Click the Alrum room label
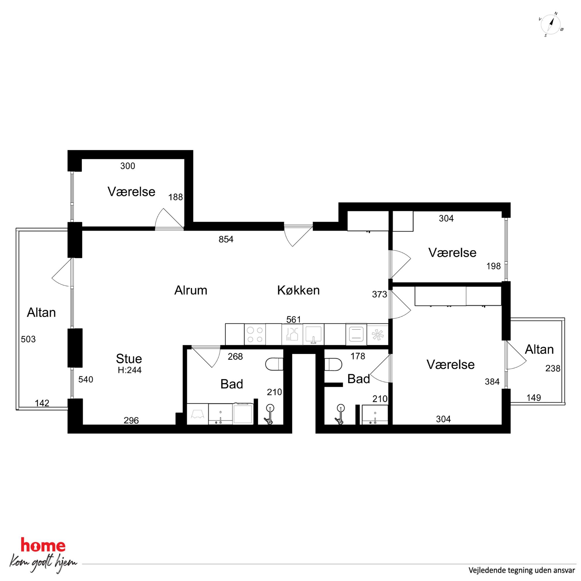[x=191, y=290]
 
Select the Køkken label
[x=298, y=290]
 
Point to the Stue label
[x=129, y=358]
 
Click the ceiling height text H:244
[x=129, y=370]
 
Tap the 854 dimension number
[x=226, y=239]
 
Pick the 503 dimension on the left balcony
[x=28, y=339]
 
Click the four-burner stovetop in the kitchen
[x=255, y=334]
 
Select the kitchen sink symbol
[x=313, y=334]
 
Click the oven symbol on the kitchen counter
[x=356, y=334]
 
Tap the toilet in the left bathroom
[x=274, y=364]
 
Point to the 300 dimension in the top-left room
[x=127, y=166]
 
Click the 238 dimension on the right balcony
[x=553, y=368]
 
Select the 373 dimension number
[x=379, y=294]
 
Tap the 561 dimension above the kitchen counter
[x=293, y=319]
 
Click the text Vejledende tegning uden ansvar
[x=522, y=570]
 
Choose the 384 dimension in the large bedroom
[x=492, y=382]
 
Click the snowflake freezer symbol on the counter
[x=377, y=334]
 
